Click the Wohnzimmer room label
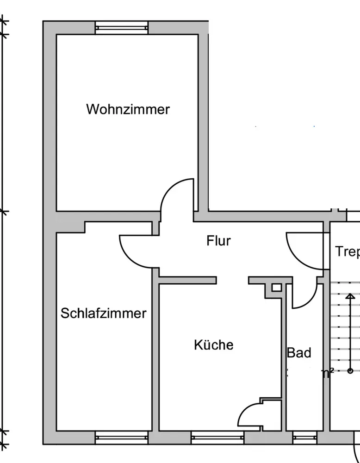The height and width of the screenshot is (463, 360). click(128, 110)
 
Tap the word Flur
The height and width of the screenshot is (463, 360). click(218, 241)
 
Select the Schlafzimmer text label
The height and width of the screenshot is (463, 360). click(104, 313)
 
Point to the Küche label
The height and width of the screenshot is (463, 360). click(213, 345)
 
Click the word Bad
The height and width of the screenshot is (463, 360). click(299, 353)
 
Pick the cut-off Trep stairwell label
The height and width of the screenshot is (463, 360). click(347, 251)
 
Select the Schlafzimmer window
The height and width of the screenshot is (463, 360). click(122, 437)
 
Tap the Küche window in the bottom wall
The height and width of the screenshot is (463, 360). click(217, 437)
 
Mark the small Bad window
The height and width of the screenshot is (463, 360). click(304, 437)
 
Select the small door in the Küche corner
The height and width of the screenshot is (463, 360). click(250, 414)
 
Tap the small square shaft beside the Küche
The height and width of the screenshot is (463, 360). click(276, 288)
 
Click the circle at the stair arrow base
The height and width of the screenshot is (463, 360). click(350, 370)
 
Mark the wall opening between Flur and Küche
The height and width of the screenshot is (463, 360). click(232, 280)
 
